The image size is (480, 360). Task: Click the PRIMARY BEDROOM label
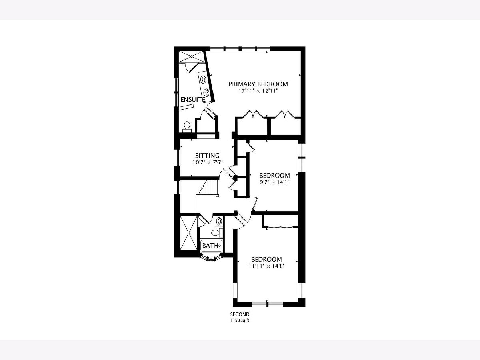pyautogui.click(x=258, y=84)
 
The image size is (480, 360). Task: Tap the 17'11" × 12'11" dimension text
pyautogui.click(x=258, y=91)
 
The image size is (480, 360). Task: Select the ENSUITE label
pyautogui.click(x=193, y=100)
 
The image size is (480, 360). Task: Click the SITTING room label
pyautogui.click(x=207, y=156)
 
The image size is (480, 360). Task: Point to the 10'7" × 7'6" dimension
pyautogui.click(x=207, y=162)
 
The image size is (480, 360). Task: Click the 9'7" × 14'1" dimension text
pyautogui.click(x=274, y=182)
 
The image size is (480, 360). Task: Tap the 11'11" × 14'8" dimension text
pyautogui.click(x=266, y=266)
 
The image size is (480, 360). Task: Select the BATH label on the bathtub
pyautogui.click(x=210, y=246)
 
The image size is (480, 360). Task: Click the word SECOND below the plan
pyautogui.click(x=240, y=314)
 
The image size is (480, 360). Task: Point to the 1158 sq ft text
pyautogui.click(x=240, y=321)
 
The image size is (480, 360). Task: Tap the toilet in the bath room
pyautogui.click(x=216, y=233)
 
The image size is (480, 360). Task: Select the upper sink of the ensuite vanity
pyautogui.click(x=50, y=79)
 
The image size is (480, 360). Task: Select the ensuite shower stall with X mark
pyautogui.click(x=191, y=56)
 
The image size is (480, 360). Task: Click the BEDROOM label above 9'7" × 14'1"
pyautogui.click(x=274, y=175)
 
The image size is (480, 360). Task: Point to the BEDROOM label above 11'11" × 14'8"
pyautogui.click(x=266, y=259)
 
